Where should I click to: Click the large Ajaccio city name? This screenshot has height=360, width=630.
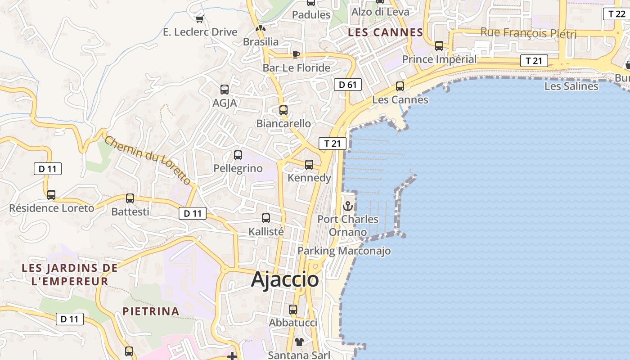point(285,279)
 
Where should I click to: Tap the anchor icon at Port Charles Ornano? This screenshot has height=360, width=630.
point(348,207)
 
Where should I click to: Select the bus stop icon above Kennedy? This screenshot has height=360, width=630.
point(309,165)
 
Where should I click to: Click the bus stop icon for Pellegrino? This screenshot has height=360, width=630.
point(238,155)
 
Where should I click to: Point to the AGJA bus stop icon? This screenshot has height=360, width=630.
point(225,90)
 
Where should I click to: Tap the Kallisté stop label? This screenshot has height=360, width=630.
point(266,231)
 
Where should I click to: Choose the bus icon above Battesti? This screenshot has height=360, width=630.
point(130,198)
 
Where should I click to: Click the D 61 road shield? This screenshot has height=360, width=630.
point(348,84)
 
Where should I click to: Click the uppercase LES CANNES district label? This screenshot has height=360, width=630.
point(386,32)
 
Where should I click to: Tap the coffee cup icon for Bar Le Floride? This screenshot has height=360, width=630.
point(296,55)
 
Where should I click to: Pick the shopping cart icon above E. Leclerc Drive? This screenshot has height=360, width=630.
point(200,19)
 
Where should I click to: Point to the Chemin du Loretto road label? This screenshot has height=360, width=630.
point(148,159)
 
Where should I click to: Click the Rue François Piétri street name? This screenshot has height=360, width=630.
point(528,33)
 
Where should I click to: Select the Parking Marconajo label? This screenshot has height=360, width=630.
point(344,251)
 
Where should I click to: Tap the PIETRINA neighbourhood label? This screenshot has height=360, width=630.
point(151,311)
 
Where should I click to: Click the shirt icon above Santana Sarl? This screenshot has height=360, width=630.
point(299,342)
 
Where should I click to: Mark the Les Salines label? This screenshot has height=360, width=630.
point(571,86)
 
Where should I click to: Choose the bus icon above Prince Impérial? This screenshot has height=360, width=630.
point(439,46)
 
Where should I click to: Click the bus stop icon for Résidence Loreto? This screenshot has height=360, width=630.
point(51,195)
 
